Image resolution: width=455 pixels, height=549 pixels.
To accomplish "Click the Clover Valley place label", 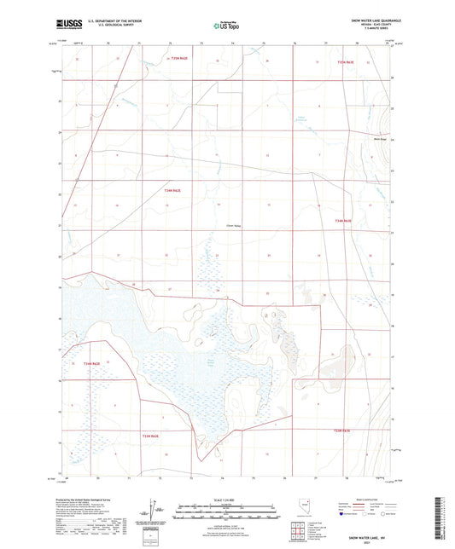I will pyautogui.click(x=234, y=225).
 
